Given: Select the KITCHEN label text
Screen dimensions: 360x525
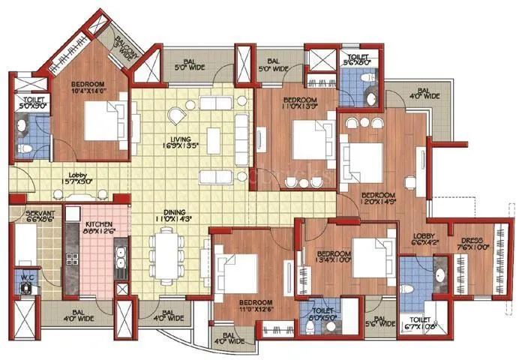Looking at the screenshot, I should tap(98, 228).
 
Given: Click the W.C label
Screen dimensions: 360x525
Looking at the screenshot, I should tap(27, 278).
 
